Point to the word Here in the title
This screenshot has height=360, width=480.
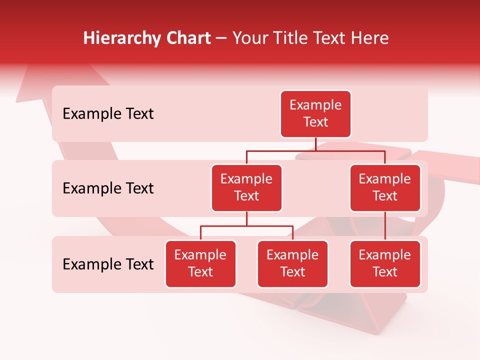click(370, 38)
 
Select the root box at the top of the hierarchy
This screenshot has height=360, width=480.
click(315, 114)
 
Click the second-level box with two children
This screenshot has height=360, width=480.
click(246, 188)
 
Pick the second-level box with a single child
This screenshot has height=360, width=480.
click(385, 188)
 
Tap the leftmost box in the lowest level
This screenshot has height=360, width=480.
click(200, 264)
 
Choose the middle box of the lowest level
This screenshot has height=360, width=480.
click(292, 264)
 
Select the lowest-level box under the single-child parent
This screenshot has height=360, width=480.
click(385, 264)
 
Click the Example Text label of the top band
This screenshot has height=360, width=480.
click(108, 114)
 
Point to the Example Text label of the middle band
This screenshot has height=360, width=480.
click(108, 188)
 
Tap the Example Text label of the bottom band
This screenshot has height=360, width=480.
click(108, 264)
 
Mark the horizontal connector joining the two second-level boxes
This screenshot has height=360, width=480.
click(315, 150)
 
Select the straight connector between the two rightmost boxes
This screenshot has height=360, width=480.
click(385, 226)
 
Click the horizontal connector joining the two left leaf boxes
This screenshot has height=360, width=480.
click(246, 226)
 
